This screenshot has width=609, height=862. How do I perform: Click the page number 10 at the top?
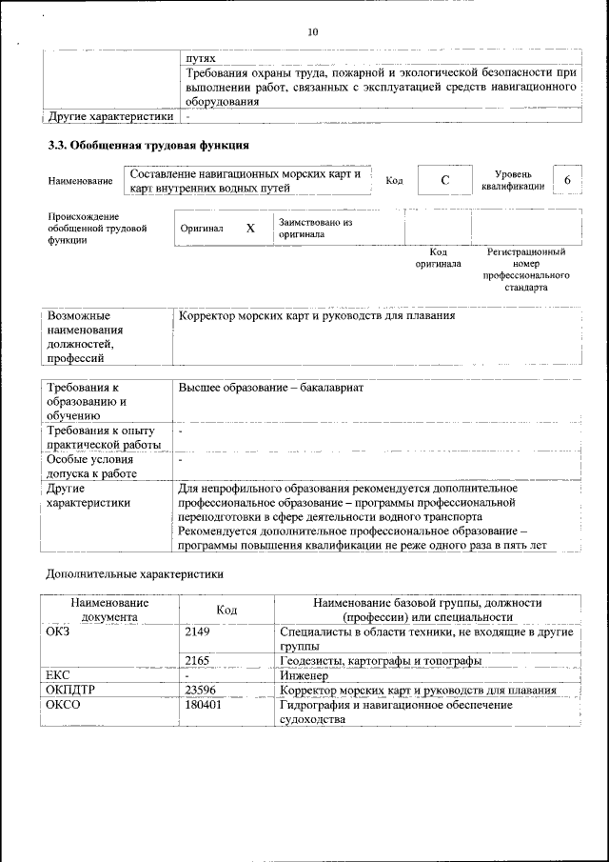tap(313, 32)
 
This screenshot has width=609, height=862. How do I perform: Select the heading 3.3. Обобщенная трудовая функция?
tap(148, 146)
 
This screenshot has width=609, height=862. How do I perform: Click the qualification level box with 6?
tap(568, 181)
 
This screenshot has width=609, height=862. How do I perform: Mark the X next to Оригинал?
tap(250, 229)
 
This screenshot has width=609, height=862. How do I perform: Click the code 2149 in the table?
tap(197, 631)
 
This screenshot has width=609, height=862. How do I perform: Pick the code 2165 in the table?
tap(197, 660)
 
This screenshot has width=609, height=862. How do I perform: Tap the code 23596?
tap(200, 690)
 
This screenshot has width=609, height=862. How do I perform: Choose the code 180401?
tap(203, 705)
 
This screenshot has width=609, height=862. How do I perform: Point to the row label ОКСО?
tap(64, 705)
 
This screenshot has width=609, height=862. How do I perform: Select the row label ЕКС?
tap(58, 674)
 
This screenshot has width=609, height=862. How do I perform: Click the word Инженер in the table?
tap(304, 674)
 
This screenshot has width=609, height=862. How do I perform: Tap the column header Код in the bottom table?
tap(226, 610)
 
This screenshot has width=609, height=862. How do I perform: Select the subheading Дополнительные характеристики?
tap(135, 574)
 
